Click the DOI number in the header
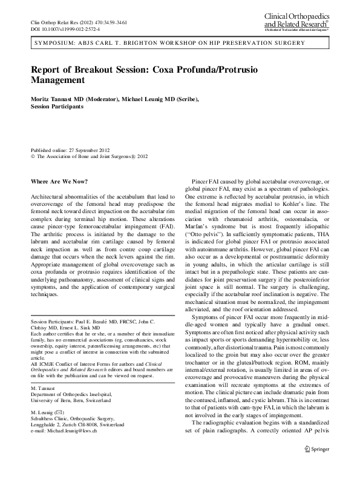tap(65, 29)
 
